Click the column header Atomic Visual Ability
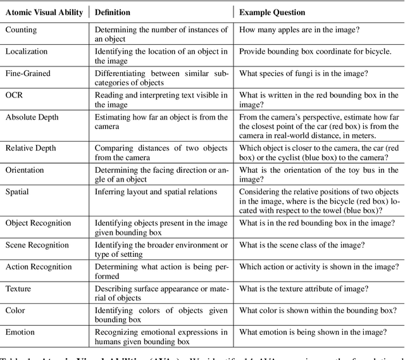point(44,13)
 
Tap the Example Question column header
point(272,13)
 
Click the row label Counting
point(21,29)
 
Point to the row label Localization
point(27,51)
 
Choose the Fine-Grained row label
point(28,73)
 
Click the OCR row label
point(14,96)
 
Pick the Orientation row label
point(25,170)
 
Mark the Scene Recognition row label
point(37,245)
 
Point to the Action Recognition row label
point(39,267)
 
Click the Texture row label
point(19,289)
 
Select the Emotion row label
point(21,333)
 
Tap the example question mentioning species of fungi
point(304,73)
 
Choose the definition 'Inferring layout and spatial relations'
point(156,192)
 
